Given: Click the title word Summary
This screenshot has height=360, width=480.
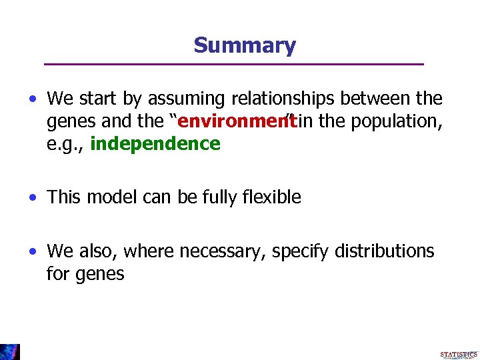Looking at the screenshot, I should pyautogui.click(x=245, y=45).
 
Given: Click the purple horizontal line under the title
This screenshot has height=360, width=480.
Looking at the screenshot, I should pyautogui.click(x=233, y=64).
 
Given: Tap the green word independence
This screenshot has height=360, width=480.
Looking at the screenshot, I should pyautogui.click(x=155, y=144).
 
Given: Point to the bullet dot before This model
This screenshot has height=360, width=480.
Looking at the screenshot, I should pyautogui.click(x=33, y=198).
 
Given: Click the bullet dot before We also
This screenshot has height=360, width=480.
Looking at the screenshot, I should pyautogui.click(x=33, y=252).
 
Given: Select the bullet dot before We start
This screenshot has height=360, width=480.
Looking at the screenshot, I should pyautogui.click(x=33, y=99).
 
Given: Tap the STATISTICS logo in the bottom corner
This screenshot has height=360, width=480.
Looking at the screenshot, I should pyautogui.click(x=459, y=355).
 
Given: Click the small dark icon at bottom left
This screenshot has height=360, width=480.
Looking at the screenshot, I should pyautogui.click(x=10, y=351).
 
